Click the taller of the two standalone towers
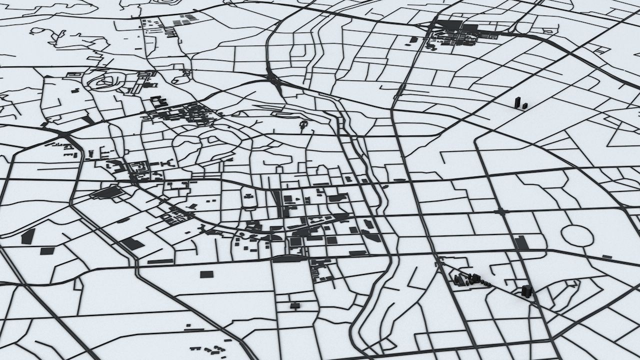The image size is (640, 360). [517, 102]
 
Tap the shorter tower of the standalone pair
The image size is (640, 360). [524, 105]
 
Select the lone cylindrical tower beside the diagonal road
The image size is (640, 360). [525, 291]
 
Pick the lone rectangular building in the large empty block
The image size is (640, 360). [206, 274]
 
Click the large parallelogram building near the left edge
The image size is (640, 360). [28, 236]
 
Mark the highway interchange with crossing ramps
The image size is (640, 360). [274, 80]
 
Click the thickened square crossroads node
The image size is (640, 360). [501, 211]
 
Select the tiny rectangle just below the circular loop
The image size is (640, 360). [607, 256]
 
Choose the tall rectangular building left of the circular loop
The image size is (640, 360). [521, 243]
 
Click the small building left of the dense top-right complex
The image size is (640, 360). [413, 39]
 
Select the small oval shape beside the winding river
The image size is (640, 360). [384, 187]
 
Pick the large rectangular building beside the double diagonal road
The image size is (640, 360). [132, 244]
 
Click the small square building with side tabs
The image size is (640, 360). [294, 305]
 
